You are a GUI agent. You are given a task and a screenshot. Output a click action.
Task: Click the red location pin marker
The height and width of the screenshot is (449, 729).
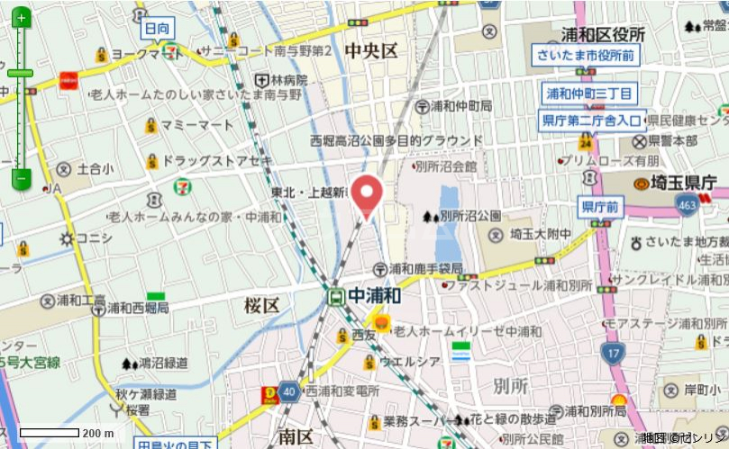367,193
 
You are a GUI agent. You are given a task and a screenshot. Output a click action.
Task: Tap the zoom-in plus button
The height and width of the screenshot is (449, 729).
22,17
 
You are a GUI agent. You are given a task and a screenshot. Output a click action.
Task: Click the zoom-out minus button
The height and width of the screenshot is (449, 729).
22,177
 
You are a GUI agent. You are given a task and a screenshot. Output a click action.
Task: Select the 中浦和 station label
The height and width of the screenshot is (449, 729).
374,295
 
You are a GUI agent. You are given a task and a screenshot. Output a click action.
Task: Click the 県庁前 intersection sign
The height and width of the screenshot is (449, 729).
600,207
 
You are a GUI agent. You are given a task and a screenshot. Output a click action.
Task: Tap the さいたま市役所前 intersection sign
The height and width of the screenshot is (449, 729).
584,56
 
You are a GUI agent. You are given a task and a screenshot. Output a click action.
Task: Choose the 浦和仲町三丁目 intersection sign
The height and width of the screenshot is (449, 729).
590,94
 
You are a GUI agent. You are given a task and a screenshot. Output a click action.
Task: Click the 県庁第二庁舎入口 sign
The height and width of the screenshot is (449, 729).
593,119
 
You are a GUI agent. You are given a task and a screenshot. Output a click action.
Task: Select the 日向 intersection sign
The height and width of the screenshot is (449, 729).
157,29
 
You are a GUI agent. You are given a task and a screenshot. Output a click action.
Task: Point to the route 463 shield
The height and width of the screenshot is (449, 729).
688,206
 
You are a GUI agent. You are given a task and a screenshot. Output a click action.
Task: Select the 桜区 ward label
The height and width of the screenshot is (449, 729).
261,305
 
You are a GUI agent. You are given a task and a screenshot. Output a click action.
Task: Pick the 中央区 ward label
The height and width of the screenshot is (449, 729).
370,51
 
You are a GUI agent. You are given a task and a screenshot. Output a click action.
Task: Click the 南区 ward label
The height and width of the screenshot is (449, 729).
295,437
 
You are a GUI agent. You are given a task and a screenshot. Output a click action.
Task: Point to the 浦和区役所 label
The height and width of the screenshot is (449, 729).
603,34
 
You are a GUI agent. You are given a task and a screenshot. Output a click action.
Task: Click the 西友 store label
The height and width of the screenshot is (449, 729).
364,335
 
